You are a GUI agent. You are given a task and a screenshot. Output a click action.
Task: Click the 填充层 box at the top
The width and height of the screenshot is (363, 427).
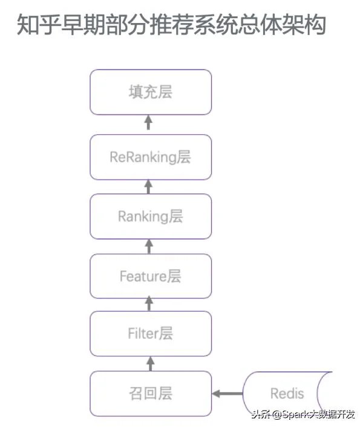point(151,92)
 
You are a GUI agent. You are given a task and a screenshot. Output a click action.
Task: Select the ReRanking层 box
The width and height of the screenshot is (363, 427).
point(151,157)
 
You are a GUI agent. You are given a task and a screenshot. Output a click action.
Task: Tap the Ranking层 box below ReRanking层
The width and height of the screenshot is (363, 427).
point(151,217)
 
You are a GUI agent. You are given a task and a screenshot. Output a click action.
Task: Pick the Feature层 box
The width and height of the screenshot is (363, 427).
point(151,276)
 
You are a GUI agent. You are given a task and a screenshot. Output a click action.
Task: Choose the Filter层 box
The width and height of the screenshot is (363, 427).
point(151,334)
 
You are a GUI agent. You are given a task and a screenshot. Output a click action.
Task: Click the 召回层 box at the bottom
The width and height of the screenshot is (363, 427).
point(151,394)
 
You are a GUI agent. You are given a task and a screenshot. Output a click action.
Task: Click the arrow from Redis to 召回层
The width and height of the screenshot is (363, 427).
point(227,394)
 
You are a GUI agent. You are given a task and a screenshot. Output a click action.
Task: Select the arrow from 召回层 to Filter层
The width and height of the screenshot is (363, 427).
point(150,364)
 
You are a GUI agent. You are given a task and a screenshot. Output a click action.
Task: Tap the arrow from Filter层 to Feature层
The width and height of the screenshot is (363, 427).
point(149,304)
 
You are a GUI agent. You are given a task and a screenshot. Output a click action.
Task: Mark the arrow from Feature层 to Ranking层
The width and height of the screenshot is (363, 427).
point(149,246)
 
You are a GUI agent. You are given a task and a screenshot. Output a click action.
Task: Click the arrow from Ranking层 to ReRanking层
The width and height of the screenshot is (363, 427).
point(148,187)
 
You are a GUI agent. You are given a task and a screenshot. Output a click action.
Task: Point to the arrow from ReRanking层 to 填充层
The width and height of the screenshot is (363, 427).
point(148,122)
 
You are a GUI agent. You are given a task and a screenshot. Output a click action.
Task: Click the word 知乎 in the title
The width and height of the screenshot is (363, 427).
point(39,24)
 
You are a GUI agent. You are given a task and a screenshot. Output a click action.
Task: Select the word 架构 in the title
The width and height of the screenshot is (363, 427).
point(304,24)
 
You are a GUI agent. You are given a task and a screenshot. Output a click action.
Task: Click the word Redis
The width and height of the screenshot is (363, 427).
point(287,394)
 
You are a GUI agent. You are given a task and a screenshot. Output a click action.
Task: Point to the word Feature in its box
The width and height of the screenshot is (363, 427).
point(143,276)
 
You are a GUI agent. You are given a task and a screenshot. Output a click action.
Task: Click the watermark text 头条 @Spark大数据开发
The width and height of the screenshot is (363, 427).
point(303,414)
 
